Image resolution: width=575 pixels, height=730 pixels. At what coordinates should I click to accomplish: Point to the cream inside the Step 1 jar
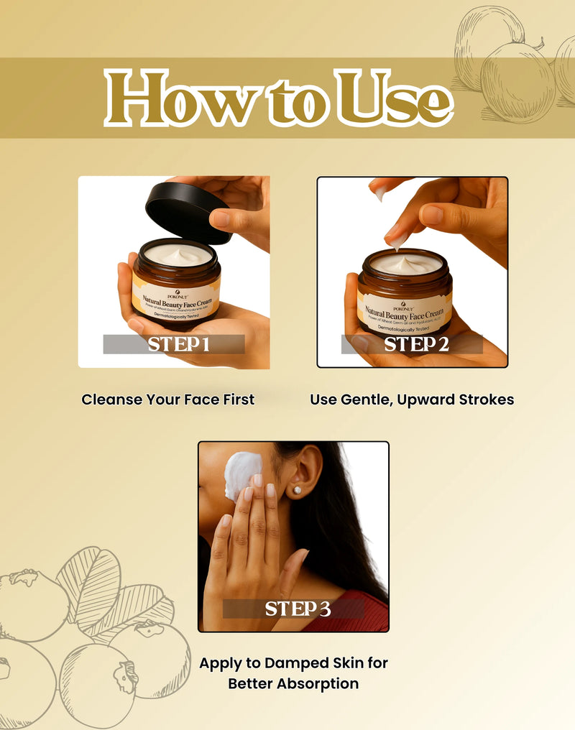tap(177, 254)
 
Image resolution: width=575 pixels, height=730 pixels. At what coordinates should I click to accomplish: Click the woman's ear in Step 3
tap(305, 473)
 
